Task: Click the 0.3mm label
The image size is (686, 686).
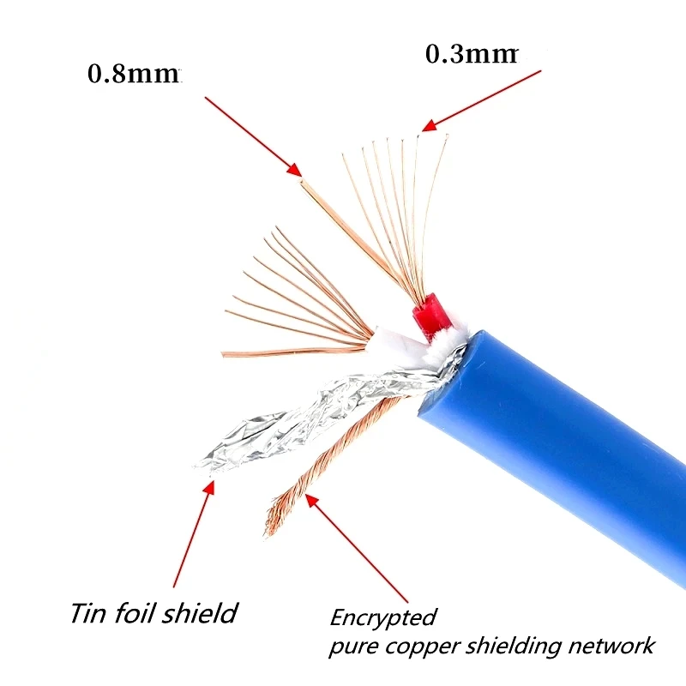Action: click(x=472, y=54)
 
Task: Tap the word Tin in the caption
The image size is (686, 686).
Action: click(x=88, y=614)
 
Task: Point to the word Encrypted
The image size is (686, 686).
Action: click(x=383, y=617)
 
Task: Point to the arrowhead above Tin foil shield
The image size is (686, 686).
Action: click(x=208, y=487)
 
